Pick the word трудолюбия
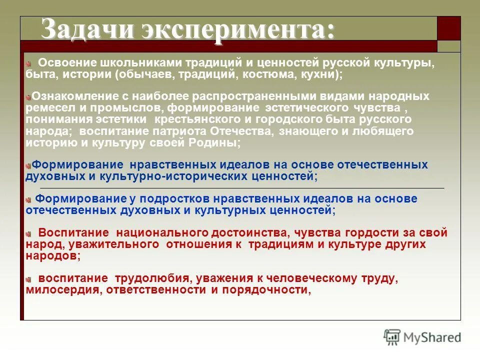point(152,278)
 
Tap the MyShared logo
point(423,337)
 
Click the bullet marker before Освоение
point(29,64)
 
